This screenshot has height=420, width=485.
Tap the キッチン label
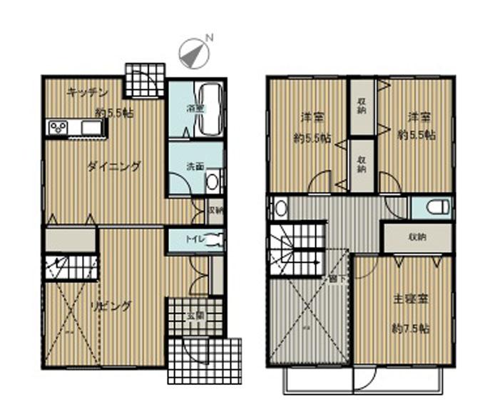pyautogui.click(x=88, y=92)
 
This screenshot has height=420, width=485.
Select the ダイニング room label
pyautogui.click(x=114, y=167)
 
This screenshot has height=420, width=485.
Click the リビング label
pyautogui.click(x=111, y=306)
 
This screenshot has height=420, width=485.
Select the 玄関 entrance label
pyautogui.click(x=195, y=314)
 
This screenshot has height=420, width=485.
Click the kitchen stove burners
pyautogui.click(x=58, y=128)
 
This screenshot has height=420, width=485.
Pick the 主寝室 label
pyautogui.click(x=411, y=300)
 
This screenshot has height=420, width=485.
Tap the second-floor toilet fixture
pyautogui.click(x=437, y=207)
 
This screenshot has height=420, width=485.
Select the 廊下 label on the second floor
pyautogui.click(x=334, y=279)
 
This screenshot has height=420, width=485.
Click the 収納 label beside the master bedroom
pyautogui.click(x=417, y=237)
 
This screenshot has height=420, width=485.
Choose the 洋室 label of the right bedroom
pyautogui.click(x=419, y=116)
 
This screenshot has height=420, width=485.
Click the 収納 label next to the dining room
pyautogui.click(x=216, y=211)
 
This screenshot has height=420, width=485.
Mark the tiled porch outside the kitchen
pyautogui.click(x=145, y=80)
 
